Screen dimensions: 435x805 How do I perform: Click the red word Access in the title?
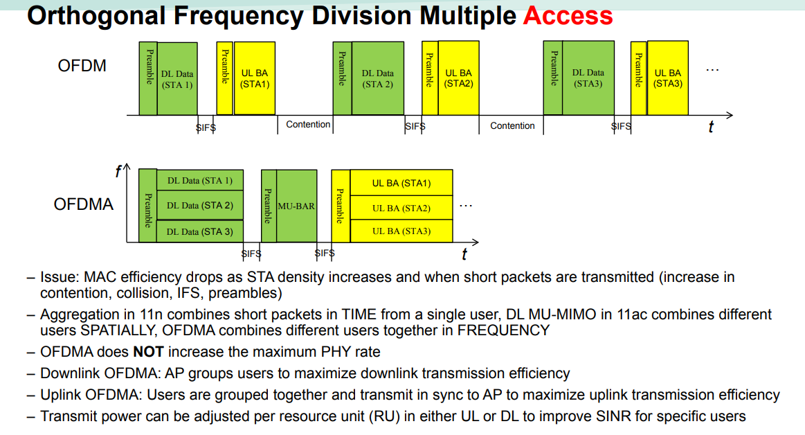[x=568, y=16]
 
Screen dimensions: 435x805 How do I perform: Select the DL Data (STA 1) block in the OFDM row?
[x=177, y=79]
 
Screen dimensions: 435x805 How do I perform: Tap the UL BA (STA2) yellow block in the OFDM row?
[x=458, y=78]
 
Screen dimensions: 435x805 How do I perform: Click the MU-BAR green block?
[x=296, y=206]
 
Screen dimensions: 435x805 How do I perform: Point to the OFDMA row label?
[x=84, y=204]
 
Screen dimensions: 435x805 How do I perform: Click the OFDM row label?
[x=82, y=66]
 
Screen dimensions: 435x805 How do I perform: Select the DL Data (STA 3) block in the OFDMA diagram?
[x=200, y=231]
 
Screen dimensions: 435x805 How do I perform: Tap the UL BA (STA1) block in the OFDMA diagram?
[x=401, y=184]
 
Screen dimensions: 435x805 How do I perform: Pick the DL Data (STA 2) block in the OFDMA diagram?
[x=200, y=206]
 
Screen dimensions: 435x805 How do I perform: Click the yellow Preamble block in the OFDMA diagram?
[x=341, y=206]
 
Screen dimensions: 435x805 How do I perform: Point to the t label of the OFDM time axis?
[x=710, y=127]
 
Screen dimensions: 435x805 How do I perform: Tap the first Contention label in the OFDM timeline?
[x=308, y=125]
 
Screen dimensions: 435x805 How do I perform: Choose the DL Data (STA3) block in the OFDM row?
[x=588, y=78]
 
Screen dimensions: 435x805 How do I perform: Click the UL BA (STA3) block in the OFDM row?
[x=668, y=78]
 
